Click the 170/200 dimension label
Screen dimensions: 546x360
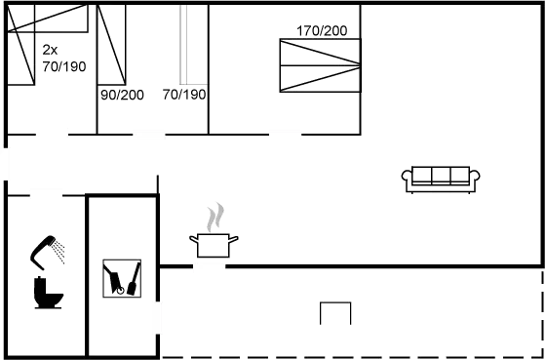(321, 31)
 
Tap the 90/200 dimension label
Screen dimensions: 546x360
(122, 95)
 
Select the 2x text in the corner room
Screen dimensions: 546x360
(50, 48)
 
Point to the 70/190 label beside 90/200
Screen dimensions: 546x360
(183, 95)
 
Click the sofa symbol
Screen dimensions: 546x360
(442, 179)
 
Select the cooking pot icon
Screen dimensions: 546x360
(214, 245)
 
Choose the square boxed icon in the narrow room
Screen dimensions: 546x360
(121, 277)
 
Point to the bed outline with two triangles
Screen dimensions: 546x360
(320, 64)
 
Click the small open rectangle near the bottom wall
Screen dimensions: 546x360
(336, 313)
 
